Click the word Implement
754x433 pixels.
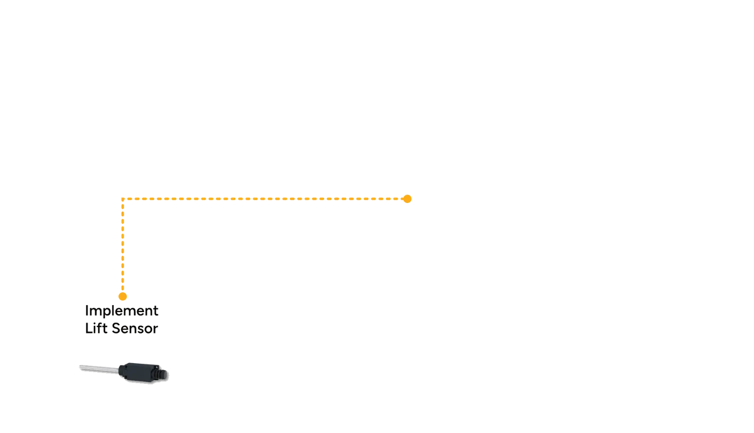pyautogui.click(x=121, y=311)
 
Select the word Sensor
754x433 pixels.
pyautogui.click(x=135, y=328)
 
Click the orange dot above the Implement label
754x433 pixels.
pyautogui.click(x=123, y=297)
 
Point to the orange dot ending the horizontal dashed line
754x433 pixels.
pyautogui.click(x=407, y=199)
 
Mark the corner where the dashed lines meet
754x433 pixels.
pyautogui.click(x=123, y=199)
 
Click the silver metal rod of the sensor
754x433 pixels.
pyautogui.click(x=99, y=369)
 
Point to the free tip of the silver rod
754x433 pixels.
pyautogui.click(x=80, y=367)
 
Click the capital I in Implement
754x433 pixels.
pyautogui.click(x=87, y=310)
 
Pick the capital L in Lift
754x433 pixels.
pyautogui.click(x=89, y=328)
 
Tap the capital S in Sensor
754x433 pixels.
pyautogui.click(x=116, y=328)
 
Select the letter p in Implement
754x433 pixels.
pyautogui.click(x=107, y=313)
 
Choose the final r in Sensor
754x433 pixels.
pyautogui.click(x=155, y=330)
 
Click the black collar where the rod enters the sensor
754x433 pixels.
pyautogui.click(x=122, y=371)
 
